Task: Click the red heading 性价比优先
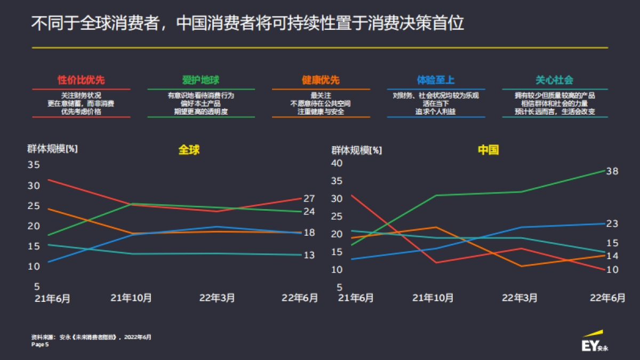(81, 81)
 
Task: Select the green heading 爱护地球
(201, 81)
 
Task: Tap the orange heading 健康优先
(321, 81)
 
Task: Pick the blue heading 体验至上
(436, 81)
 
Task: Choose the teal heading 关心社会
(555, 81)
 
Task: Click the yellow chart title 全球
(189, 150)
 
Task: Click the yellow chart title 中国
(488, 150)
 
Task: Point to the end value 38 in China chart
(612, 171)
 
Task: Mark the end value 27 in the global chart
(309, 198)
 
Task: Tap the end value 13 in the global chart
(309, 255)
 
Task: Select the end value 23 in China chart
(612, 223)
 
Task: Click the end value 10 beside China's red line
(612, 270)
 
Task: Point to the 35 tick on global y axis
(34, 165)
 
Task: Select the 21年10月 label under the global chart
(131, 298)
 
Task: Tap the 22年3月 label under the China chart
(519, 298)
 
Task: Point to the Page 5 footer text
(40, 345)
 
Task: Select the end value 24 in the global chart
(309, 212)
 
